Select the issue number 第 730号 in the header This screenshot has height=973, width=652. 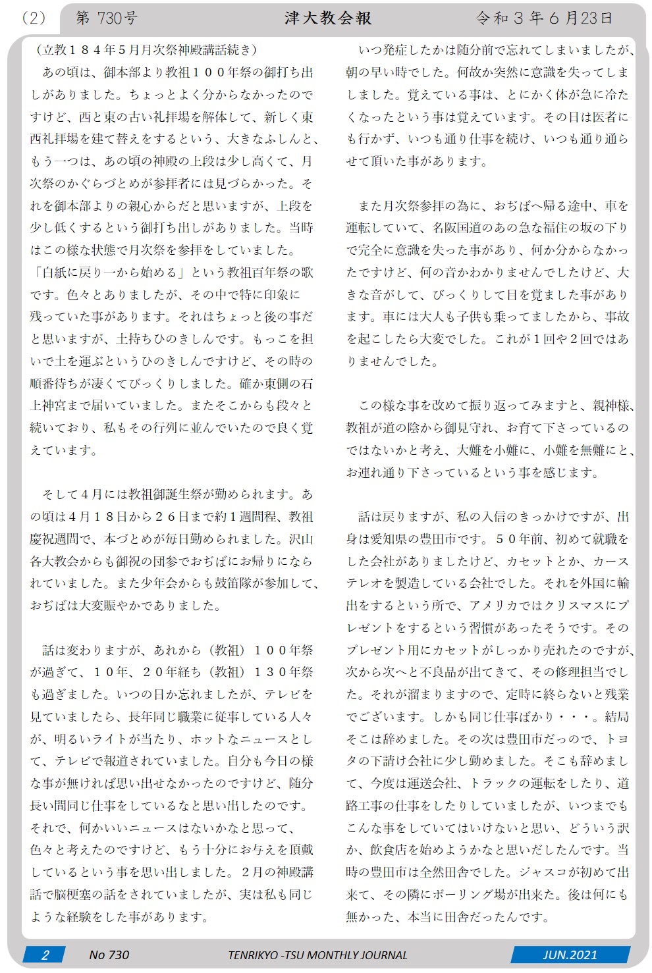click(107, 18)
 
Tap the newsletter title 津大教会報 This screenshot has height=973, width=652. click(328, 18)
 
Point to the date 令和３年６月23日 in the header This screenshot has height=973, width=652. click(544, 18)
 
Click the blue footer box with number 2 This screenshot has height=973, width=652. click(45, 955)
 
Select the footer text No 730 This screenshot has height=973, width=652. click(109, 955)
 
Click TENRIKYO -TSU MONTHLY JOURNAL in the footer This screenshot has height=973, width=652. click(318, 955)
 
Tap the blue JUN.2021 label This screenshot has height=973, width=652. click(570, 955)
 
